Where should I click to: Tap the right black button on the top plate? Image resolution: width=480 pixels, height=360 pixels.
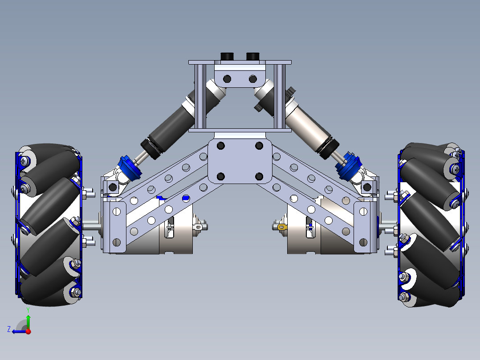pyautogui.click(x=252, y=56)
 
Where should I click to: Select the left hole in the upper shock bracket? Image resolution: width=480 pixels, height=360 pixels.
pyautogui.click(x=227, y=79)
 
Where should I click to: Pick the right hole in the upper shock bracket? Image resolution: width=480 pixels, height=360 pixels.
pyautogui.click(x=253, y=79)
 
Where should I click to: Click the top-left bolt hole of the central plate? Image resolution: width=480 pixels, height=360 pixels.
pyautogui.click(x=220, y=146)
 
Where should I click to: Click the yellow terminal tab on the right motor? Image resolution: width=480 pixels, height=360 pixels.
pyautogui.click(x=281, y=227)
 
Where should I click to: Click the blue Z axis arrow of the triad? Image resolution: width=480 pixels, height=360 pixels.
pyautogui.click(x=18, y=331)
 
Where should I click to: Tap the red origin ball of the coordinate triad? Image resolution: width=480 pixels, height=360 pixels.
pyautogui.click(x=28, y=331)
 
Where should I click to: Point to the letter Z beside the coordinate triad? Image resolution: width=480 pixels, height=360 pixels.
pyautogui.click(x=8, y=329)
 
